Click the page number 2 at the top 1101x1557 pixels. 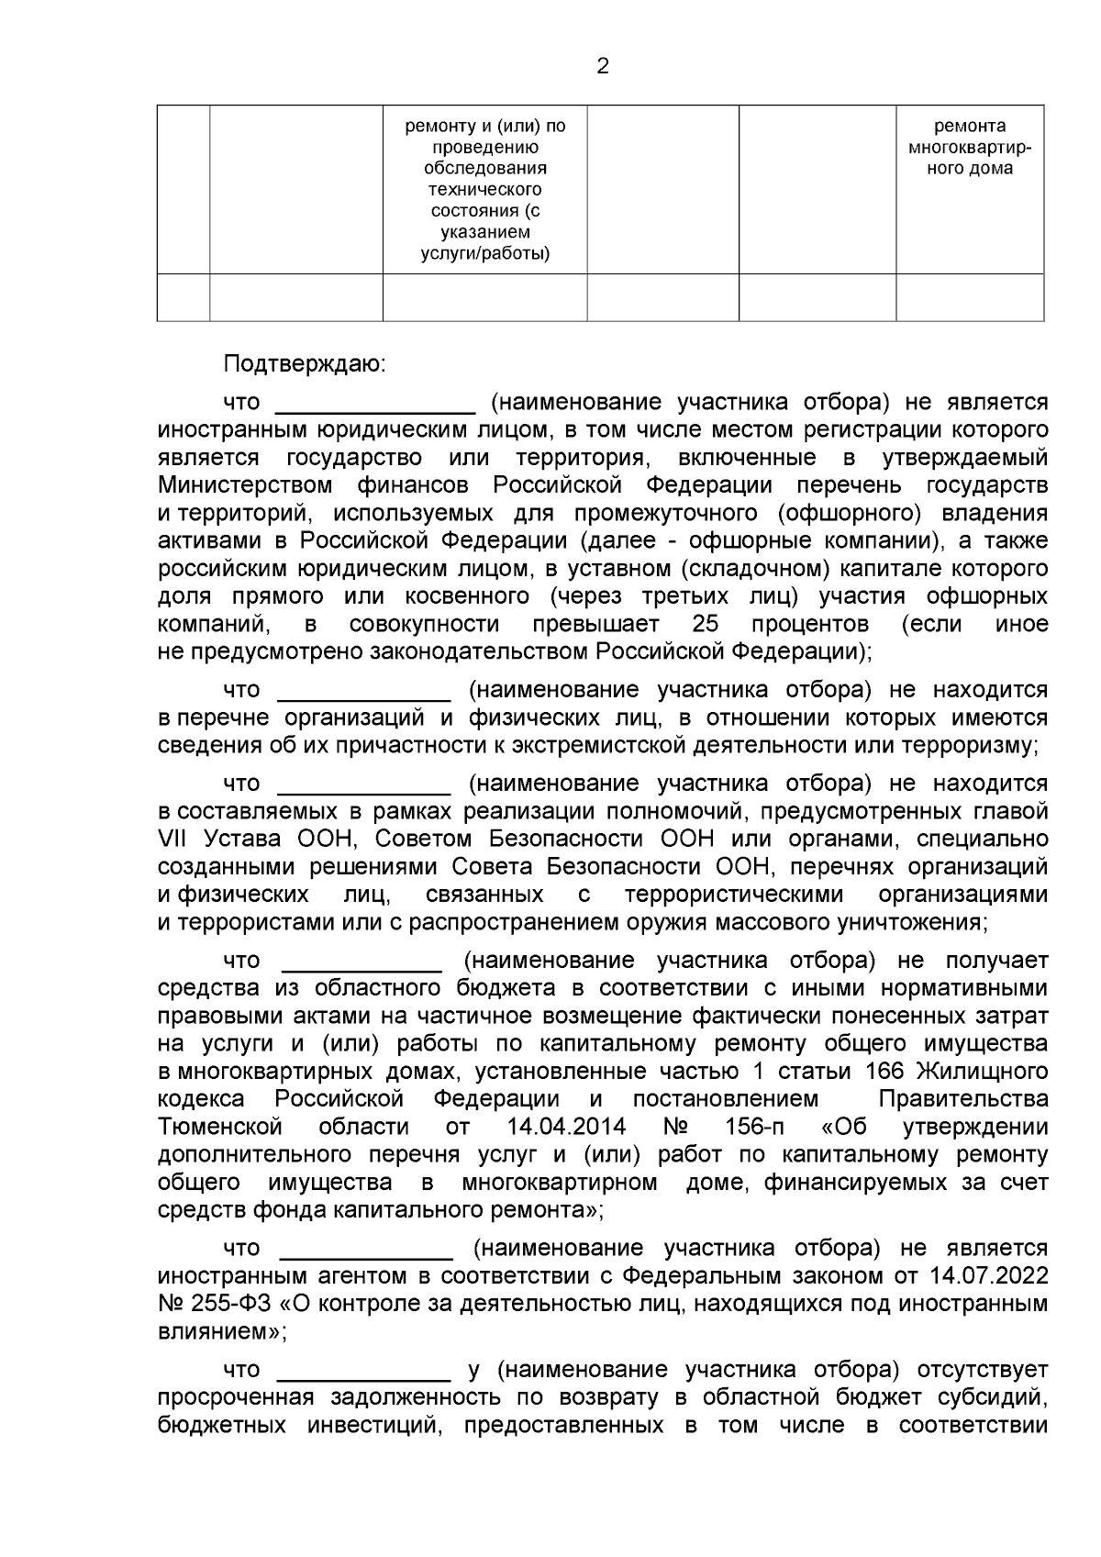pos(603,66)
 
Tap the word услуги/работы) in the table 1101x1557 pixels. pos(485,254)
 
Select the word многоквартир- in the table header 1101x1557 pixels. pos(970,148)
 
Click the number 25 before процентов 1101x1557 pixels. pos(706,625)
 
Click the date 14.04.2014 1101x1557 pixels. pos(566,1127)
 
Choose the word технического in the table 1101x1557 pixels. pos(485,190)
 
